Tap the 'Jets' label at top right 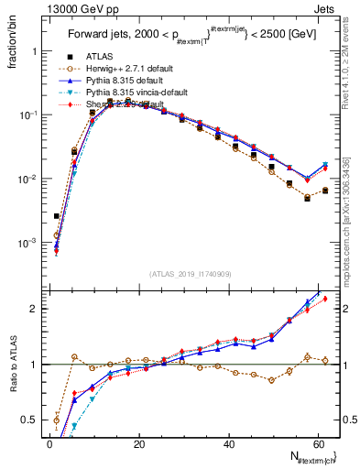[326, 8]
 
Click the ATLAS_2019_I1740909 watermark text [190, 275]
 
